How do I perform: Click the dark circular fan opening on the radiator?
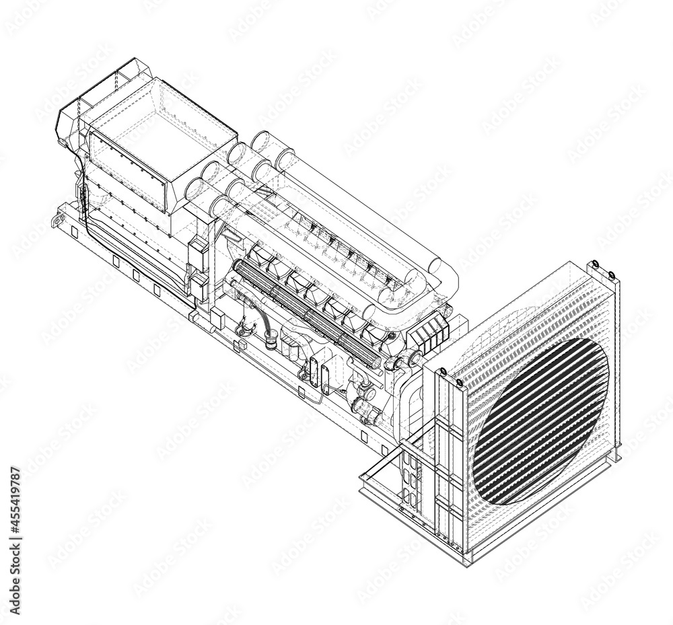[542, 420]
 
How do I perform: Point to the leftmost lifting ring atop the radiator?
[444, 371]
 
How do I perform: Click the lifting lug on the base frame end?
[53, 220]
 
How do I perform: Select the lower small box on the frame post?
[200, 285]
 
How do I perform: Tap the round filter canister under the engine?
[271, 340]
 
